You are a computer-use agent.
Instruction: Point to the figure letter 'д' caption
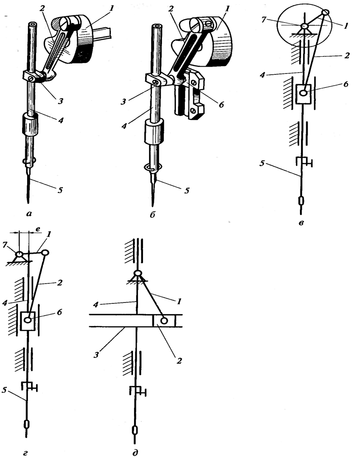135,453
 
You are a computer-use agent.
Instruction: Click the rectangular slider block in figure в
304,93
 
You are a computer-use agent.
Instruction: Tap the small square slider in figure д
164,321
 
